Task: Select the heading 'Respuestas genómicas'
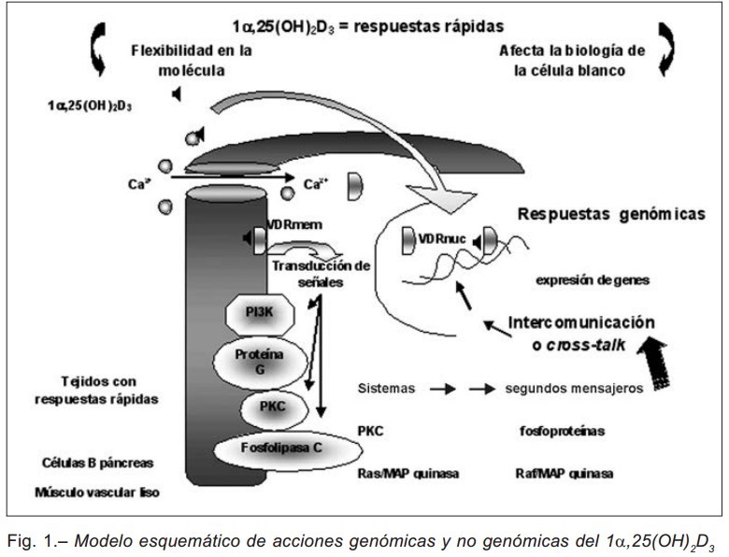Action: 611,214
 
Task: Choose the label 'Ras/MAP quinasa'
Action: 408,474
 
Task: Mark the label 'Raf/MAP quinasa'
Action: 565,474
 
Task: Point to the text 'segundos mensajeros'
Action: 574,387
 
